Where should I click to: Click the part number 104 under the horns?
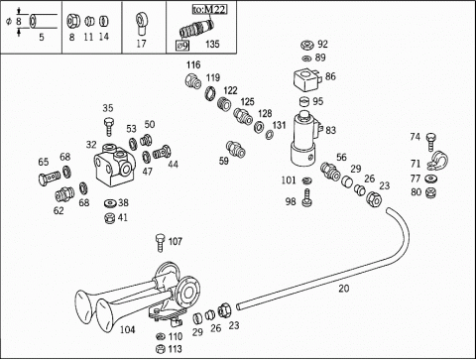coord(127,329)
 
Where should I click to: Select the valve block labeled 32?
coord(115,165)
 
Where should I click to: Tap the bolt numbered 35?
coord(108,126)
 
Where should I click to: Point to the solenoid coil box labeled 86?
coord(306,80)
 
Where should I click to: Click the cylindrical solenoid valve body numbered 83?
coord(304,139)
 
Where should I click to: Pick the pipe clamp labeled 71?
coord(437,161)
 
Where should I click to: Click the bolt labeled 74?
coord(430,142)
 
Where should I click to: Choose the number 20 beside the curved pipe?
coord(343,289)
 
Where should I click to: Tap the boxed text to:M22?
coord(210,9)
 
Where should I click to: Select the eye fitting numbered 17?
coord(142,24)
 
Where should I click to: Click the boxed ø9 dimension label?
coord(182,46)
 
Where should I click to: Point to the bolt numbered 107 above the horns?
coord(160,243)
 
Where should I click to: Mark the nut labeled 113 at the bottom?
coord(161,348)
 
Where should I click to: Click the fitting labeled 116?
coord(192,81)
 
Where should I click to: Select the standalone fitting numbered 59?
coord(236,149)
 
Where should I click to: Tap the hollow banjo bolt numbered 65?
coord(50,178)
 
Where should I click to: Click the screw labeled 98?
coord(307,197)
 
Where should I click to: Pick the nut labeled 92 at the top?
coord(307,45)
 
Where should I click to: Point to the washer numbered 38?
coord(110,202)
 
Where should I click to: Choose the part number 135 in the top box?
coord(212,44)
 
